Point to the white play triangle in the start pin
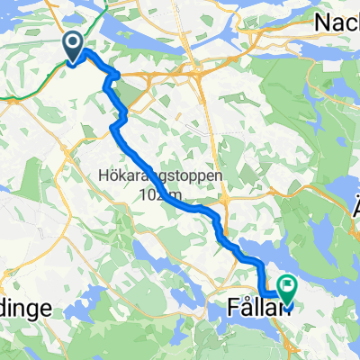[74, 41]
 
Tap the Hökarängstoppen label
[158, 175]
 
